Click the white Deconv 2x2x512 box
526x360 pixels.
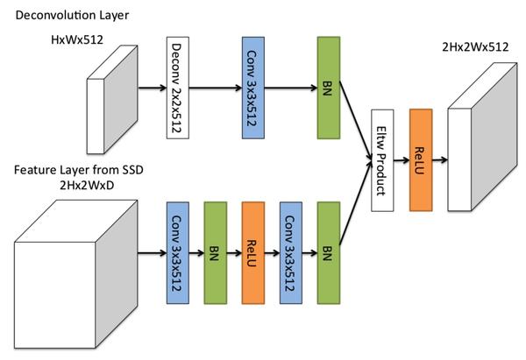[178, 88]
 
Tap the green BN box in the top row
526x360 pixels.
[329, 88]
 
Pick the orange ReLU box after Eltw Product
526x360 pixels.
[422, 161]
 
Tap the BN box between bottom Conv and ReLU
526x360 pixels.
[215, 253]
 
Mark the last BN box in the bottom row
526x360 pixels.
[328, 253]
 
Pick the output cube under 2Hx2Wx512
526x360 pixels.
[480, 149]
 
